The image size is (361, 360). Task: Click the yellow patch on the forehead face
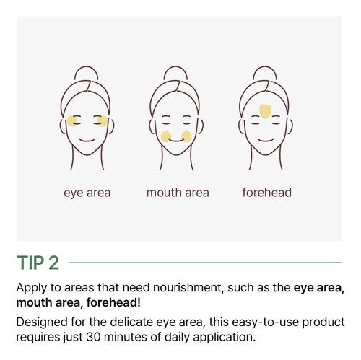(x=265, y=112)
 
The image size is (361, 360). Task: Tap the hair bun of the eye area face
(x=87, y=70)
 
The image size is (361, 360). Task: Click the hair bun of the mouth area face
(x=175, y=70)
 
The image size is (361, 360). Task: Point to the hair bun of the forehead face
(x=265, y=70)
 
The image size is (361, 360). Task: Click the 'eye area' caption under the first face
(x=87, y=193)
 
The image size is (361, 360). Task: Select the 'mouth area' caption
(x=178, y=193)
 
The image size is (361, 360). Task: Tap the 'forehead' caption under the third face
(x=267, y=193)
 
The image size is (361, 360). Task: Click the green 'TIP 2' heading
(x=38, y=263)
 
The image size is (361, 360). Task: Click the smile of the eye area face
(x=87, y=140)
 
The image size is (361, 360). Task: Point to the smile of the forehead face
(x=266, y=140)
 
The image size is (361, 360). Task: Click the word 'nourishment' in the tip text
(x=187, y=288)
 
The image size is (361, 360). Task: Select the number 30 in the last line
(x=93, y=337)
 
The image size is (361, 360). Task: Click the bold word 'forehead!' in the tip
(x=113, y=302)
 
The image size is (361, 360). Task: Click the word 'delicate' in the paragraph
(x=131, y=322)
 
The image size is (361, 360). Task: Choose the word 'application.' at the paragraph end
(x=224, y=338)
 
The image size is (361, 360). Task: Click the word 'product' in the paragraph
(x=323, y=322)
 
